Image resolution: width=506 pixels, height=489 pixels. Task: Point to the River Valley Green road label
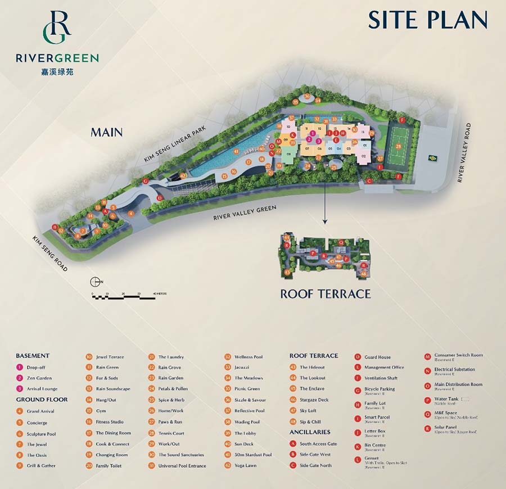(245, 213)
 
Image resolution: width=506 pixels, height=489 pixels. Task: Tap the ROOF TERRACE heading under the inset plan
(326, 293)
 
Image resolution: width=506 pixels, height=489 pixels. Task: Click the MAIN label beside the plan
(107, 133)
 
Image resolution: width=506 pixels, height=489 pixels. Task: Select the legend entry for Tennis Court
(171, 433)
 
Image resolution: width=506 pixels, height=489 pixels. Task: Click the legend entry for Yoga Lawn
(243, 465)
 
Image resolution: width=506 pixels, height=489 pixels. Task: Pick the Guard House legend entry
(377, 357)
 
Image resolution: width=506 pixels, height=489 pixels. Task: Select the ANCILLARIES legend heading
(310, 432)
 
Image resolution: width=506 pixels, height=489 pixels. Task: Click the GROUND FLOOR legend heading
(42, 400)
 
